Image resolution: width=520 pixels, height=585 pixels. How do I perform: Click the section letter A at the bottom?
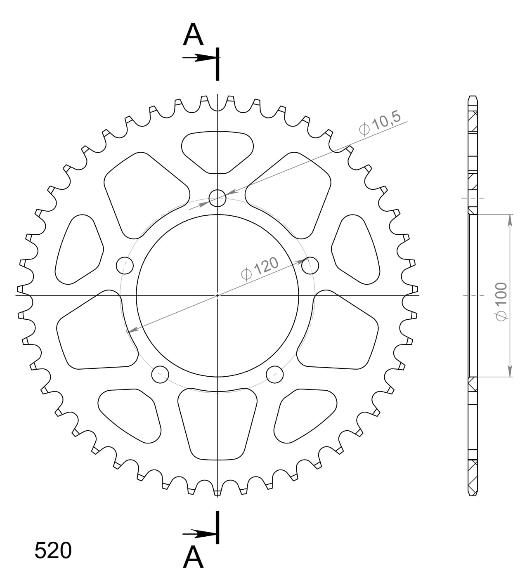click(x=193, y=558)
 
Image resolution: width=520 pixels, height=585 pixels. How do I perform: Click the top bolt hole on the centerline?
click(x=217, y=198)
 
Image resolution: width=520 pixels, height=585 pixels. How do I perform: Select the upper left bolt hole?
click(x=125, y=265)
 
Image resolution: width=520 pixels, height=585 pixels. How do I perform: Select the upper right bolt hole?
click(x=310, y=265)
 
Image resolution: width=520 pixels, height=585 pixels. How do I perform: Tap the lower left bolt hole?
click(x=161, y=374)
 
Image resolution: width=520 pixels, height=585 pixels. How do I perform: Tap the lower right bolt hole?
click(x=274, y=374)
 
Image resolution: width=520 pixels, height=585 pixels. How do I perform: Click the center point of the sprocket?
click(x=217, y=295)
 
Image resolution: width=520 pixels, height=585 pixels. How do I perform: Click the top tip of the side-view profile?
click(x=473, y=97)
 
